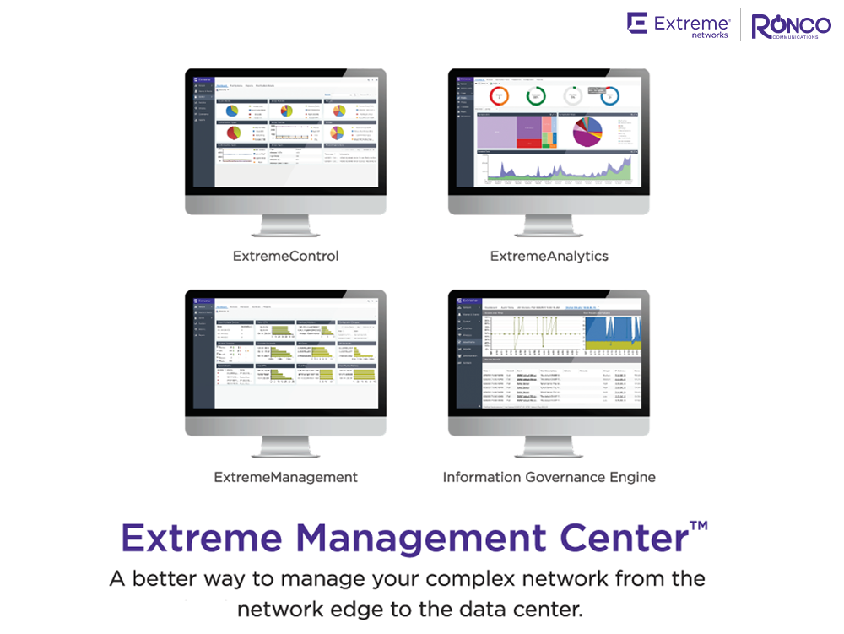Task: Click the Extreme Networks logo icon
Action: coord(637,23)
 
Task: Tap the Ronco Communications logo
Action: coord(791,26)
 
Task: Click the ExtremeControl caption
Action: coord(285,255)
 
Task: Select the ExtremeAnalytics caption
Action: coord(549,255)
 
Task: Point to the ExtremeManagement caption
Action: coord(285,477)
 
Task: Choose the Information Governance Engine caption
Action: coord(549,477)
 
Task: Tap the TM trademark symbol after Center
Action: coord(698,526)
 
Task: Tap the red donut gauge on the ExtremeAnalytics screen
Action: coord(500,96)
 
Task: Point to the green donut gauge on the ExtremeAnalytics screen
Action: coord(535,96)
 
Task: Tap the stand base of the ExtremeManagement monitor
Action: coord(285,453)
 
